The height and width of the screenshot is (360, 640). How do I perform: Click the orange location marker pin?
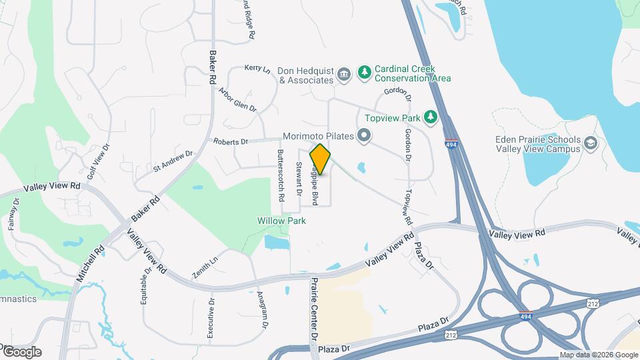click(321, 160)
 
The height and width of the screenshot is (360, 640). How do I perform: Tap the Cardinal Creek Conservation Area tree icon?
click(364, 72)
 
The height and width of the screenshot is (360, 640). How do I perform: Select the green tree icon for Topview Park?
click(431, 118)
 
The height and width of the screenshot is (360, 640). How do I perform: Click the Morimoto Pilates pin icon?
click(364, 137)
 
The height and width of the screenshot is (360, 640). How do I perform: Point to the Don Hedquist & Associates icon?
click(344, 73)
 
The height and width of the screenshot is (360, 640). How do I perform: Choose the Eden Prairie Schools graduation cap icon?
click(590, 143)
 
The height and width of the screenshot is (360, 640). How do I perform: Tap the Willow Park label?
click(281, 220)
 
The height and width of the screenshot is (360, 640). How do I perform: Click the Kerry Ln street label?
click(257, 68)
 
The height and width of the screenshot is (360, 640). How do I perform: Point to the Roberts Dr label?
click(230, 141)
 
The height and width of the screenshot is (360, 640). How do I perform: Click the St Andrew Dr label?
click(172, 161)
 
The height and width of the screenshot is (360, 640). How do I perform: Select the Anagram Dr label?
click(262, 309)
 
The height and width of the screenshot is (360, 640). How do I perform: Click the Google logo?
click(22, 351)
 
